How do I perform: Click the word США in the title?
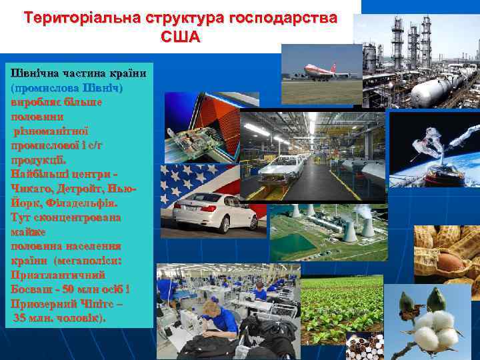tap(180, 36)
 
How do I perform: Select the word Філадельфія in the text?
tap(85, 203)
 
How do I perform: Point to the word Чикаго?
tap(34, 189)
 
